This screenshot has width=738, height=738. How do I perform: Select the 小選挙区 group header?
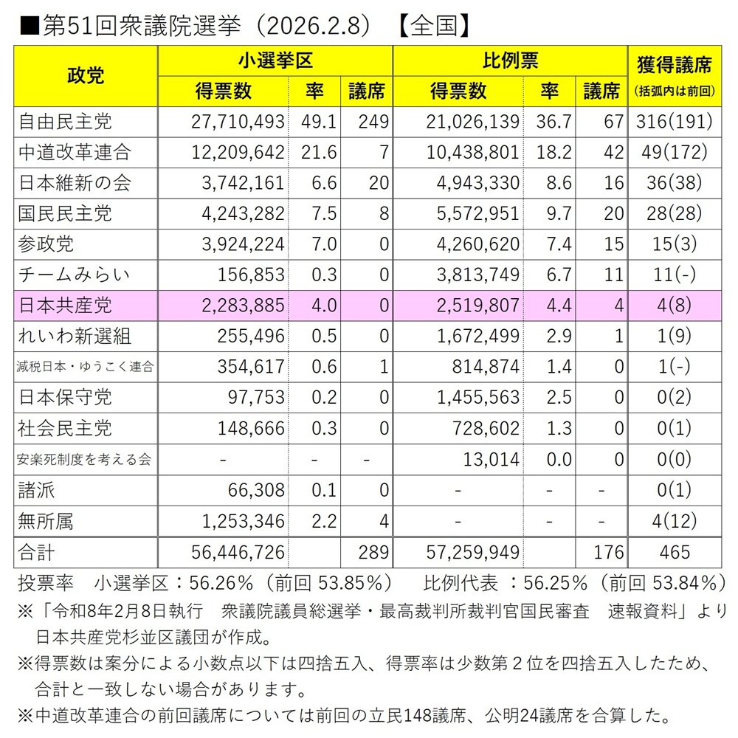(275, 61)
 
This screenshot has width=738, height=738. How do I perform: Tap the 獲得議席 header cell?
(674, 65)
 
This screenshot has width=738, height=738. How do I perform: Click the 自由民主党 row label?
(65, 121)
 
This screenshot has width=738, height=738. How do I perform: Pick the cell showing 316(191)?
(673, 121)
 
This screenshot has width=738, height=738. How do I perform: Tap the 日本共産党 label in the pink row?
(65, 306)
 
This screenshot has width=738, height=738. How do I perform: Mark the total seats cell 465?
(674, 552)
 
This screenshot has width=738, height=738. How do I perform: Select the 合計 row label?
(37, 552)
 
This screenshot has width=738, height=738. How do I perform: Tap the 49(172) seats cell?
(673, 152)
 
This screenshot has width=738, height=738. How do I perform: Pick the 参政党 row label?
(46, 244)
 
